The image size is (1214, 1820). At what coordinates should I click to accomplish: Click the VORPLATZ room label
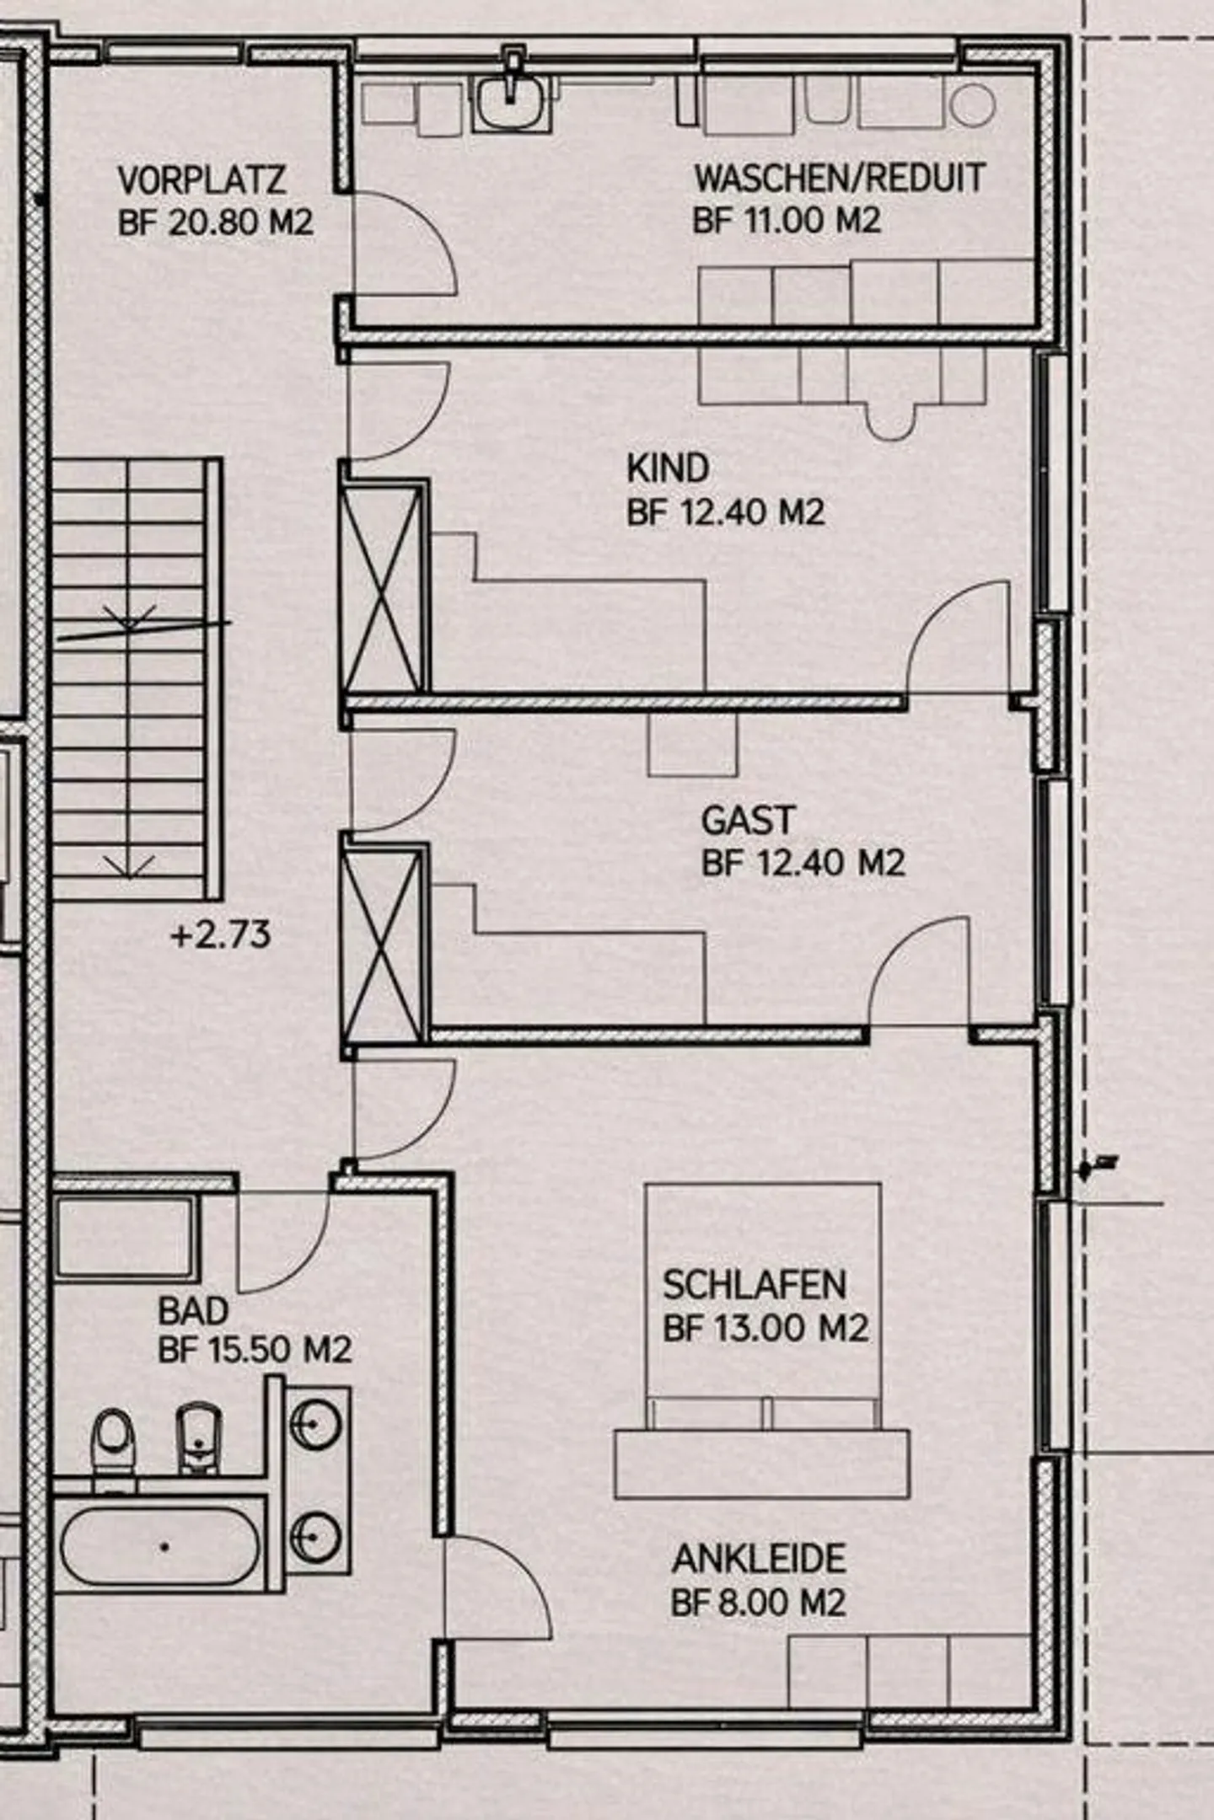pyautogui.click(x=201, y=180)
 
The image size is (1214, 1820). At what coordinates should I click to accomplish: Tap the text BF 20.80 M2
pyautogui.click(x=216, y=223)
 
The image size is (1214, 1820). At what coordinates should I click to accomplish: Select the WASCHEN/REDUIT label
pyautogui.click(x=840, y=179)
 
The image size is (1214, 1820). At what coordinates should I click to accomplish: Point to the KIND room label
pyautogui.click(x=668, y=468)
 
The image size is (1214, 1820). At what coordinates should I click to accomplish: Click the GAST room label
pyautogui.click(x=748, y=821)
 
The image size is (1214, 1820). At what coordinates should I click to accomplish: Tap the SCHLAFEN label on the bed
pyautogui.click(x=754, y=1285)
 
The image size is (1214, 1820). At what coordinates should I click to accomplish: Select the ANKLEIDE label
pyautogui.click(x=759, y=1559)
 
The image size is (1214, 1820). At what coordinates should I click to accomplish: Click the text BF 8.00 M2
pyautogui.click(x=758, y=1602)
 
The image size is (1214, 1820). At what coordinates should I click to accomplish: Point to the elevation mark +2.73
pyautogui.click(x=221, y=935)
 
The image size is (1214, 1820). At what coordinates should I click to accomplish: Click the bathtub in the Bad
pyautogui.click(x=160, y=1547)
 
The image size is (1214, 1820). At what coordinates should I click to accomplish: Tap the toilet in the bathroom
pyautogui.click(x=113, y=1441)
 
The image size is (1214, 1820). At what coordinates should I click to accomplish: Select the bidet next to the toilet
pyautogui.click(x=198, y=1437)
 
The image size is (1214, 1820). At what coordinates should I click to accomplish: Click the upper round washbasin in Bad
pyautogui.click(x=315, y=1425)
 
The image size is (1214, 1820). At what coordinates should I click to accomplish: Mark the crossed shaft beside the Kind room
pyautogui.click(x=384, y=588)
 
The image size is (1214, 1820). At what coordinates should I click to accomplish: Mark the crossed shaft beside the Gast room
pyautogui.click(x=384, y=945)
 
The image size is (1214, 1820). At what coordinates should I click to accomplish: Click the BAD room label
pyautogui.click(x=193, y=1311)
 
